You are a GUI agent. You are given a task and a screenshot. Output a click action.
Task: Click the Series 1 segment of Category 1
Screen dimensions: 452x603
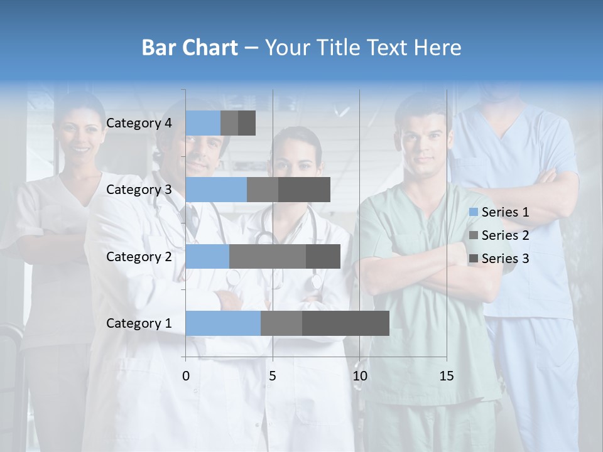point(223,323)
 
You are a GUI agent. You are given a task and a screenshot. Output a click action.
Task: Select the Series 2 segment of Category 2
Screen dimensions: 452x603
point(268,256)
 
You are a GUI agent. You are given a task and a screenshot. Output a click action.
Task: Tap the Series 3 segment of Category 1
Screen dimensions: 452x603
point(345,323)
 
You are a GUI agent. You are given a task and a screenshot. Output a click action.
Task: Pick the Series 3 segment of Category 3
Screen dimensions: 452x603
point(304,190)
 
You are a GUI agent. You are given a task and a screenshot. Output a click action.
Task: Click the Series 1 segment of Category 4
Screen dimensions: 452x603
point(203,123)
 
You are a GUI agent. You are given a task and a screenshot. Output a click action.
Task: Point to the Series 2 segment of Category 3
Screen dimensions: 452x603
point(263,190)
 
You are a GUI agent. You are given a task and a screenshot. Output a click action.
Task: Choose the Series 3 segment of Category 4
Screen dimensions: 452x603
point(247,123)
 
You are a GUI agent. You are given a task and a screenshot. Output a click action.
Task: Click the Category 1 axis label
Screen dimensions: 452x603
point(139,323)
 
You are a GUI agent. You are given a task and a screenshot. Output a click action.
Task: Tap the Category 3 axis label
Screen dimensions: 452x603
point(139,190)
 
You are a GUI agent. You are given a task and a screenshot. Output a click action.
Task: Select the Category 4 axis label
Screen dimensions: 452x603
point(139,123)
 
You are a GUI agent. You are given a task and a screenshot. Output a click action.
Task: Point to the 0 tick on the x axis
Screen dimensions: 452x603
point(186,377)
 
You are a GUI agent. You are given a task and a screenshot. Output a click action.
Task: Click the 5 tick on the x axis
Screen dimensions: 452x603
point(273,377)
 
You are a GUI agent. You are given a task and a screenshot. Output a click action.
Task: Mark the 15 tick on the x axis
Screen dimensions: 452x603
point(447,377)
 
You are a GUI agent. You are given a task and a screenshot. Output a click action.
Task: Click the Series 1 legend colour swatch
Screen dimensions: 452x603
point(474,212)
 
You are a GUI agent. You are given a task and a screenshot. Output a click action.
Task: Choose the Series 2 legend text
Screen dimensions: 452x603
point(505,235)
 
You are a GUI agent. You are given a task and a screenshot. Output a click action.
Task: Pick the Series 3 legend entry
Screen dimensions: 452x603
point(500,259)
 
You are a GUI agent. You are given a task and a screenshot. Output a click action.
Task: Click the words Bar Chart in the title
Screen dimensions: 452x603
point(190,47)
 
